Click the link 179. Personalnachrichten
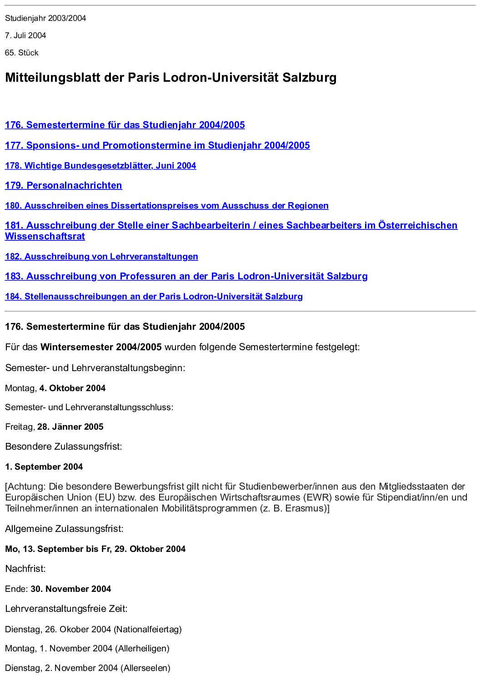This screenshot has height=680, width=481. pos(64,185)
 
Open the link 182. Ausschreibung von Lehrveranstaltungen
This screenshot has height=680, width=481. pos(101,257)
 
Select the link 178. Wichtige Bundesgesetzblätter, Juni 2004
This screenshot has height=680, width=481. pos(100,166)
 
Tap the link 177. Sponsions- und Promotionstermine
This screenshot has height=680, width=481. pos(157,145)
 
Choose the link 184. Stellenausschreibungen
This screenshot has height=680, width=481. pos(154,297)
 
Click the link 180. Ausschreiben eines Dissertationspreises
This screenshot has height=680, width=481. pos(166,206)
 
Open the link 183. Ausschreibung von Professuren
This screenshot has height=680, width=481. pos(186,276)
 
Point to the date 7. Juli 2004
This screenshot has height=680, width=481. pos(25,35)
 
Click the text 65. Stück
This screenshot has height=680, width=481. pos(22,53)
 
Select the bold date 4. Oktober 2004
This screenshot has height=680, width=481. pos(72,388)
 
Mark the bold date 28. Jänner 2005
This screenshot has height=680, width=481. pos(70,427)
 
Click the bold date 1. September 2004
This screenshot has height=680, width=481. pos(44,467)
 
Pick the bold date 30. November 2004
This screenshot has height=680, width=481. pos(71,589)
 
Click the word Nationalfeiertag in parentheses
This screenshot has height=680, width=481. pos(148,630)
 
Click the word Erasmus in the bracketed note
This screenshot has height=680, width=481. pos(305,508)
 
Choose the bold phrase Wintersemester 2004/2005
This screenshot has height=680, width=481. pos(101,347)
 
